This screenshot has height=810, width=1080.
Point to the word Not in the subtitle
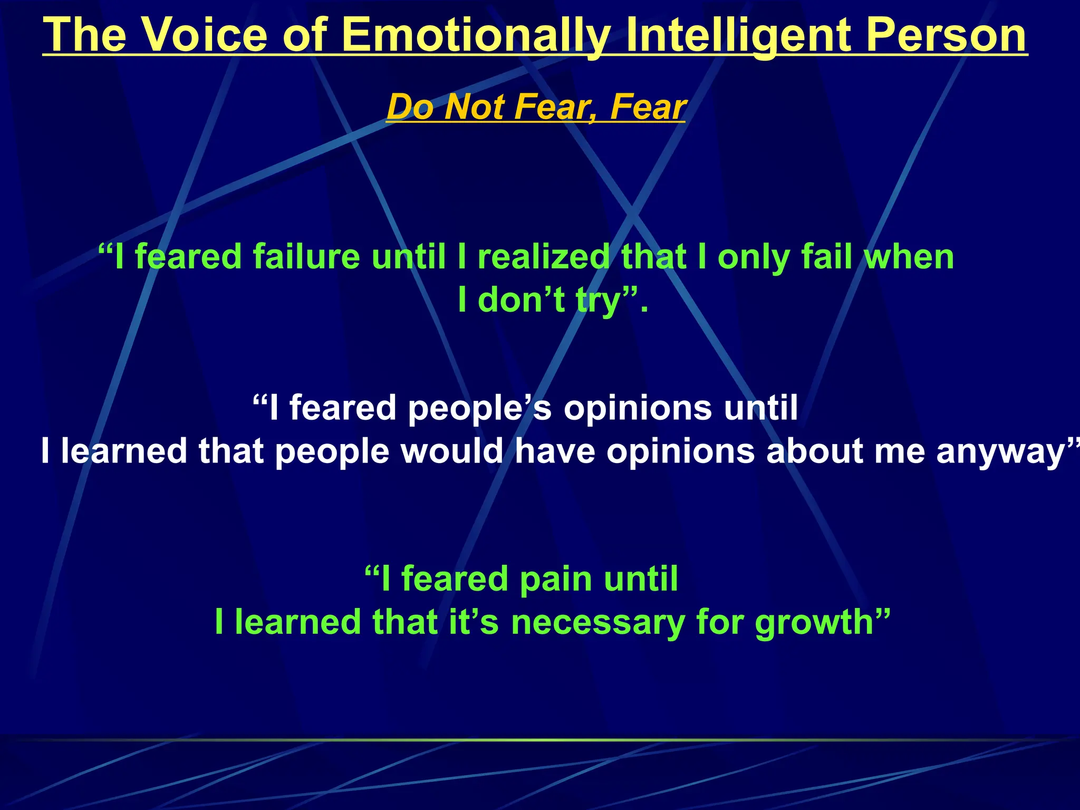tap(475, 107)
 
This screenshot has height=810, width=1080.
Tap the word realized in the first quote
tap(543, 257)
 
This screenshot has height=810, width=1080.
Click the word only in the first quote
tap(753, 257)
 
